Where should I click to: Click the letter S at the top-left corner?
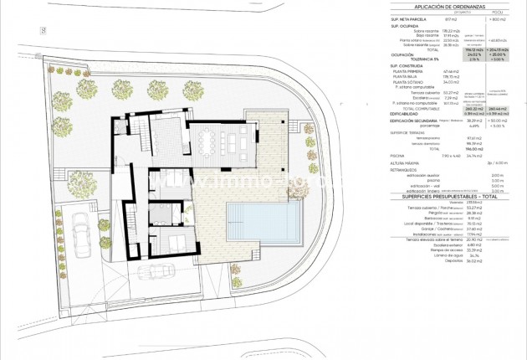(x=41, y=30)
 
